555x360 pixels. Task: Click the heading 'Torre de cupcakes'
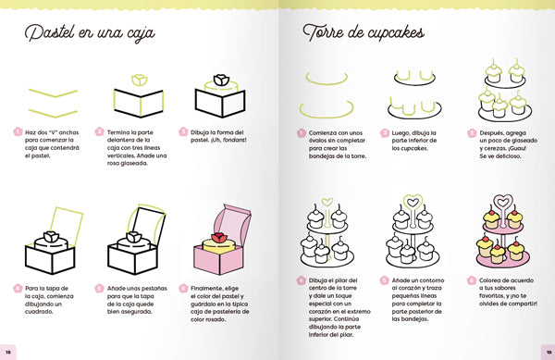pyautogui.click(x=363, y=35)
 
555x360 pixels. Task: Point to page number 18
pyautogui.click(x=8, y=353)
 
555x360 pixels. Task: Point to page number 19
pyautogui.click(x=546, y=353)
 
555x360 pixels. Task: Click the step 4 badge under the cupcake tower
pyautogui.click(x=302, y=279)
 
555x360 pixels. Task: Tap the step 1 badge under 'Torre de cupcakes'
pyautogui.click(x=302, y=132)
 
